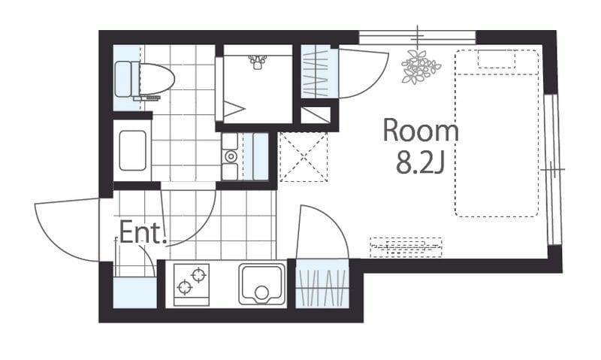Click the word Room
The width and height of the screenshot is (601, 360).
[x=421, y=130]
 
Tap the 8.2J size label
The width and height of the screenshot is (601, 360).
[x=421, y=162]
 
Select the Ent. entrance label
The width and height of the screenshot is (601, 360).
[x=143, y=232]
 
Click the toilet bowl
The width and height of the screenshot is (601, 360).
[x=153, y=80]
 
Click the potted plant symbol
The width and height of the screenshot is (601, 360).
[x=420, y=67]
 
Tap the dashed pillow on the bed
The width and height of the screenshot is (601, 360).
[x=497, y=59]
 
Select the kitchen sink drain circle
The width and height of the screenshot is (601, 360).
[x=261, y=293]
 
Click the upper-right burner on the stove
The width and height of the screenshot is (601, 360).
[x=198, y=275]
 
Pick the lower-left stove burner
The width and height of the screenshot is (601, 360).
[x=184, y=287]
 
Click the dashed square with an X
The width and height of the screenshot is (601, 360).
[x=304, y=156]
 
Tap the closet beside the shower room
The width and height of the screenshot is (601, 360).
[x=316, y=71]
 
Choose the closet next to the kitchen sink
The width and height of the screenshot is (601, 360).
[x=322, y=284]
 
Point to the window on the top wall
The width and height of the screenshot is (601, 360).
[x=418, y=38]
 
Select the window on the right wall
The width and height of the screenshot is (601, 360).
[x=552, y=168]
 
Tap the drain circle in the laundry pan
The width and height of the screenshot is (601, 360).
[x=231, y=156]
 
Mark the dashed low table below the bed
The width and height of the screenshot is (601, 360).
[x=406, y=247]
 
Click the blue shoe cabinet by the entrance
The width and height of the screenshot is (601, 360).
[x=135, y=292]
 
